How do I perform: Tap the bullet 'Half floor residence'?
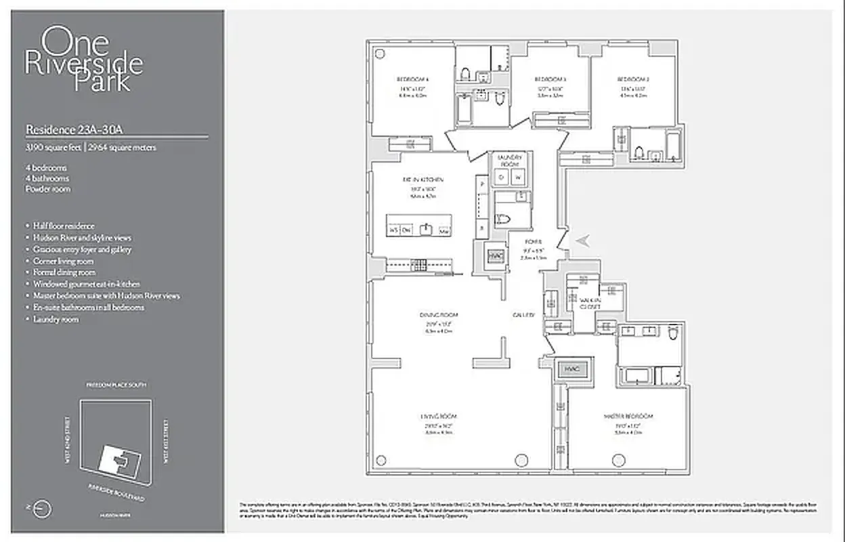(x=64, y=226)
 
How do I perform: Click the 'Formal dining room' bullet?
(x=64, y=272)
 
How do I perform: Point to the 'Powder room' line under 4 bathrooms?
(x=48, y=189)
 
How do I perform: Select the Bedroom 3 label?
(x=550, y=79)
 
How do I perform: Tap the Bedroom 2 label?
(x=634, y=79)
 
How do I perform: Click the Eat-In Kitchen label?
(x=422, y=180)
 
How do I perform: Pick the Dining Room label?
(x=438, y=315)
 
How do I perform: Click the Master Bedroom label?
(x=629, y=416)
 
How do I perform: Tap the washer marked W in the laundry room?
(x=519, y=178)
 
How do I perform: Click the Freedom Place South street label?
(x=115, y=385)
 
